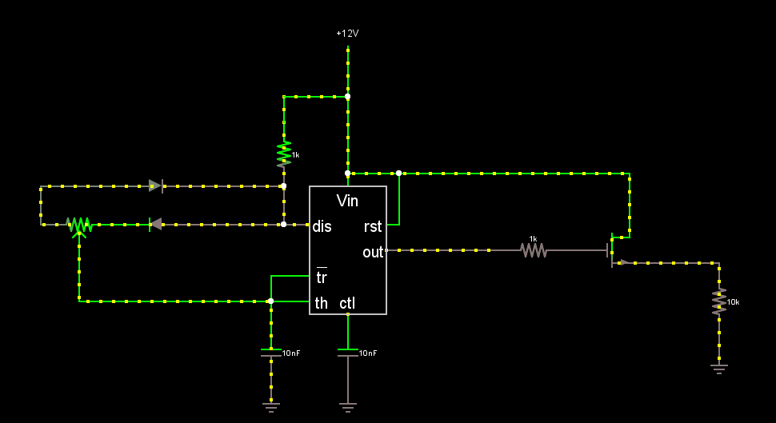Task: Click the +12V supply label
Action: (x=347, y=34)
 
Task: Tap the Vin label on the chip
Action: (x=347, y=201)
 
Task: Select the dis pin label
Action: (x=322, y=226)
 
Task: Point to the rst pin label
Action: (x=373, y=226)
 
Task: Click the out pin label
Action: (x=373, y=253)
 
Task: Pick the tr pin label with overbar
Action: (x=322, y=277)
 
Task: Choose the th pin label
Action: (x=321, y=303)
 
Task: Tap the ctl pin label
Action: (x=347, y=303)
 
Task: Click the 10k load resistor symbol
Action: (x=719, y=301)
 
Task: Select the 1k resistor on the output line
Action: (x=534, y=250)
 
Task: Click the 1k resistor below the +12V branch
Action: (x=283, y=154)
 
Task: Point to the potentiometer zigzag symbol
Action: (x=79, y=226)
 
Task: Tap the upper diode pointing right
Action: (x=156, y=186)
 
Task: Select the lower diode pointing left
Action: (x=156, y=225)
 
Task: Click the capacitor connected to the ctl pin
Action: (x=348, y=353)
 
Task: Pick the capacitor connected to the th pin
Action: (x=270, y=353)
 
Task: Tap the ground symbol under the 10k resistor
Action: (x=719, y=369)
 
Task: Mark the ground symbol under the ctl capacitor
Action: (x=348, y=408)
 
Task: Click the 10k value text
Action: (x=733, y=301)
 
